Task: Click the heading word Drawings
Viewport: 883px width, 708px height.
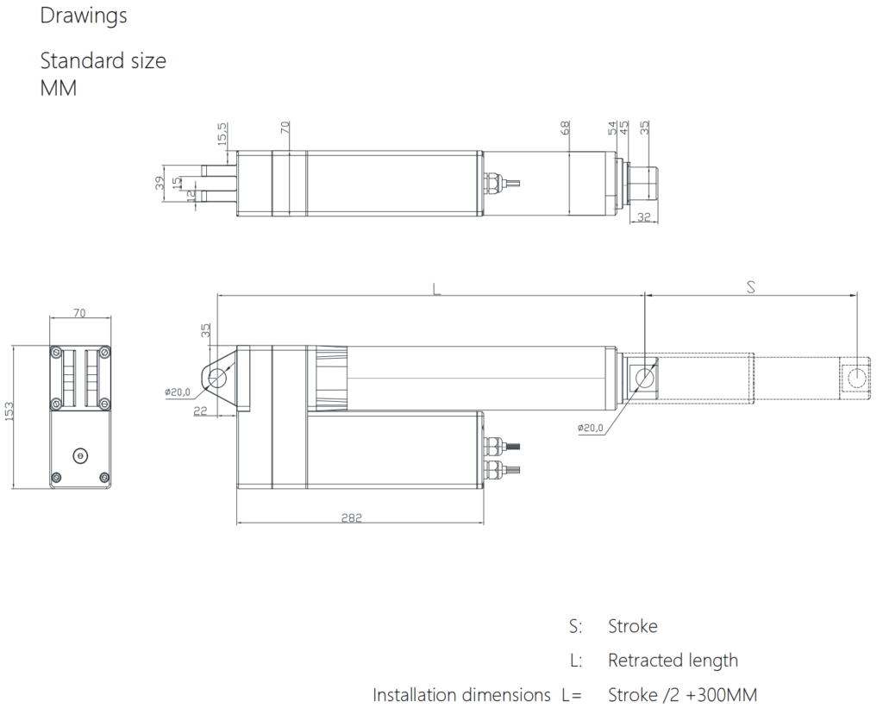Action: click(x=84, y=16)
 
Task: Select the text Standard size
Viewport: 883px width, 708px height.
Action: click(x=103, y=61)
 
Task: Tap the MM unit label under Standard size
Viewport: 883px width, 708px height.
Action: click(x=58, y=89)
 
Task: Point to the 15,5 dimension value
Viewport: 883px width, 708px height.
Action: click(x=222, y=134)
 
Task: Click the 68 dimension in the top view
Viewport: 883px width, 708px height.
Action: click(x=566, y=128)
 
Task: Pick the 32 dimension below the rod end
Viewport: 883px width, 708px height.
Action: click(x=643, y=216)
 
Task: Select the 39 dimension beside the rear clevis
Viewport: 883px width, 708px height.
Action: click(x=160, y=183)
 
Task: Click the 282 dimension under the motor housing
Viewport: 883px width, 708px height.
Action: click(x=352, y=517)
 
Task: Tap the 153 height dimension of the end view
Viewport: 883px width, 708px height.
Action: click(x=9, y=411)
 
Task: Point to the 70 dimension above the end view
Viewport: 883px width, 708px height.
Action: click(x=79, y=312)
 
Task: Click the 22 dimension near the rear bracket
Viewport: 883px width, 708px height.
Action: click(x=200, y=411)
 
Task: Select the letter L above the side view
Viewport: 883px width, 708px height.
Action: click(x=436, y=289)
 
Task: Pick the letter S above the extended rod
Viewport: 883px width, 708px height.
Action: click(x=750, y=287)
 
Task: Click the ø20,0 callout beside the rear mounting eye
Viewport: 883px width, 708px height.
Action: click(x=178, y=392)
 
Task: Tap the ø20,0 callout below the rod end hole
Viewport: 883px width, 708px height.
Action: click(x=590, y=428)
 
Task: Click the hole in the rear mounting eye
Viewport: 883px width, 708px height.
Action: click(x=217, y=379)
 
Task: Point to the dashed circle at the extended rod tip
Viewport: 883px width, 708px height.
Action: click(x=856, y=378)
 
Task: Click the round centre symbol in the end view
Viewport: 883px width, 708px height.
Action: click(x=80, y=455)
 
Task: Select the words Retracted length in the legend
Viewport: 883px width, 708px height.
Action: click(x=673, y=660)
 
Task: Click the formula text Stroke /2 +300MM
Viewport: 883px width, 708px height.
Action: click(x=683, y=695)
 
